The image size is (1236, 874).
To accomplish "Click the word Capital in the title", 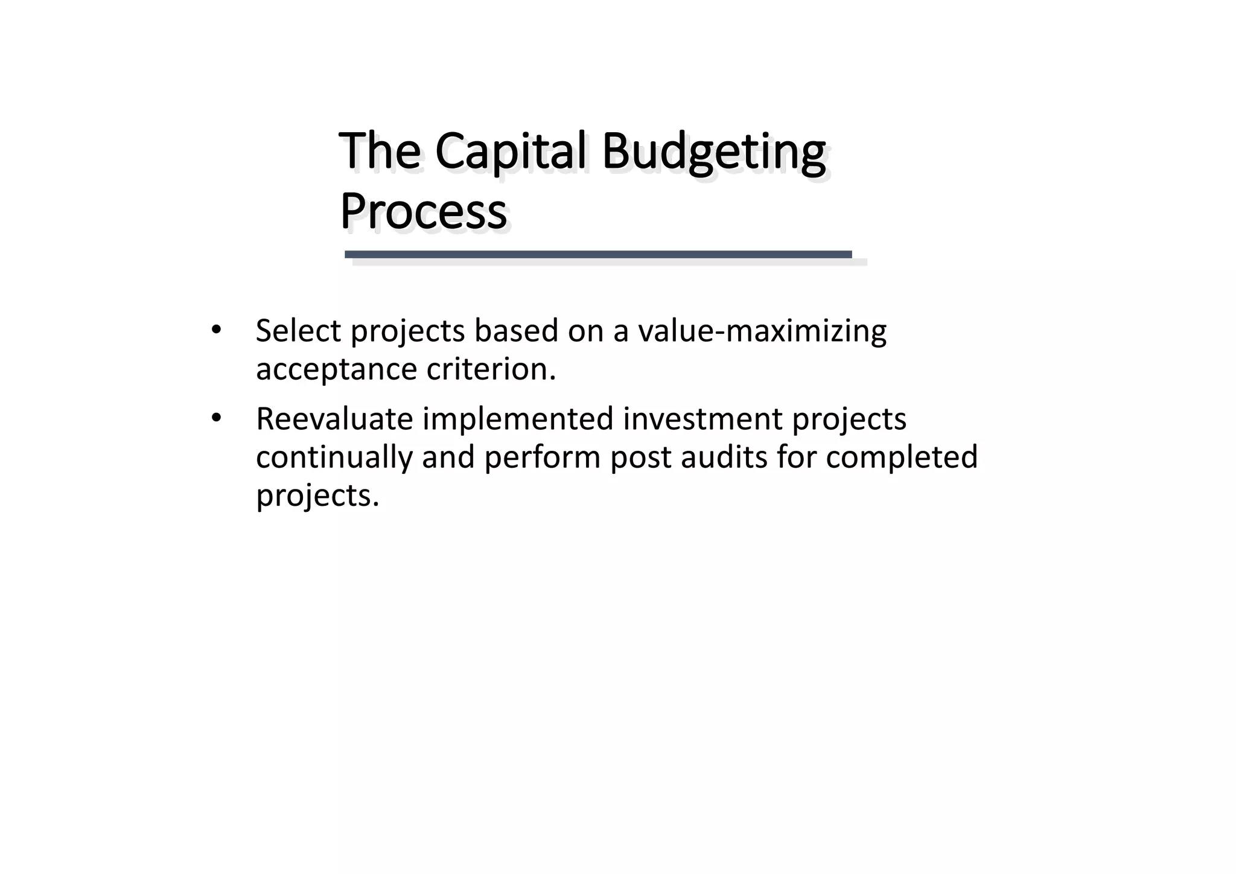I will (511, 152).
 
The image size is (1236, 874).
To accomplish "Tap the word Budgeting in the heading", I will (713, 152).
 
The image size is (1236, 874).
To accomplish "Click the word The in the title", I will (380, 152).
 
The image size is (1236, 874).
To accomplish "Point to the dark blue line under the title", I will (597, 255).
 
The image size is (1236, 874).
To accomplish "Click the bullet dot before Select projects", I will (216, 330).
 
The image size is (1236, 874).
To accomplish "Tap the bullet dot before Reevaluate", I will (216, 418).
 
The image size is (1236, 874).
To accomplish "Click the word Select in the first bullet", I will (298, 331).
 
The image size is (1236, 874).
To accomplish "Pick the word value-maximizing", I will (762, 331).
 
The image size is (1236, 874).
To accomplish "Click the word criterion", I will (491, 369).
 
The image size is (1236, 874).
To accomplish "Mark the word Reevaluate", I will (334, 419).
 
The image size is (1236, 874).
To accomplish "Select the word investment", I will (702, 419).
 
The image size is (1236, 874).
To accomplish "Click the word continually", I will (334, 457).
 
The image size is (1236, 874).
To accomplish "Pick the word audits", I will (724, 457).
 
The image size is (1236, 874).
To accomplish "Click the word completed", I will (902, 457).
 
